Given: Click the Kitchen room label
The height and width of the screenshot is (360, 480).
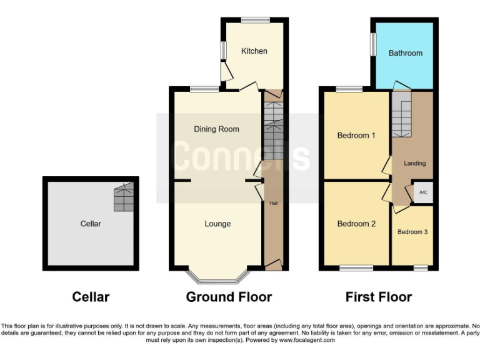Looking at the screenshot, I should [254, 51].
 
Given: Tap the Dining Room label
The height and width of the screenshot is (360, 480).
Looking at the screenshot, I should [216, 129].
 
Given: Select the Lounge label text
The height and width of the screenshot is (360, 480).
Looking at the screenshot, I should [217, 224].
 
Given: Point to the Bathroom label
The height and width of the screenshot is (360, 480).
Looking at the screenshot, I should [406, 53].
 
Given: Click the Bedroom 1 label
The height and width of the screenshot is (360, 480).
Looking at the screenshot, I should [356, 135].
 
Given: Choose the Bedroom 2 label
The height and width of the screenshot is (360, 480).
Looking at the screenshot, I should [356, 224].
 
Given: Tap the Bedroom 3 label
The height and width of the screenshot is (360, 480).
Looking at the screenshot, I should [412, 232].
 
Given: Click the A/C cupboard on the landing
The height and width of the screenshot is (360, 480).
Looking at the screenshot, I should [423, 192].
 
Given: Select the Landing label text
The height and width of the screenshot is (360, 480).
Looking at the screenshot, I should [414, 163].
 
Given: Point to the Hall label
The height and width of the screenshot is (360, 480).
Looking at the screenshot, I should [274, 203].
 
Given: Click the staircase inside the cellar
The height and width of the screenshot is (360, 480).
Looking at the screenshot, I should [124, 197].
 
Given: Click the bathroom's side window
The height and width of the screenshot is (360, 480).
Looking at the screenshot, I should [373, 44].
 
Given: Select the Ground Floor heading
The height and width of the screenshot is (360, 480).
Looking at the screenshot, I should [229, 297].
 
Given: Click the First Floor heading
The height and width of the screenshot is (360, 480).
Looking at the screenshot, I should [379, 297].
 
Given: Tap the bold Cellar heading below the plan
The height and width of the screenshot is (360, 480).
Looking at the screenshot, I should [91, 297].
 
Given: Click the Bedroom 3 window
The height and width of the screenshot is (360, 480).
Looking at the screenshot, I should [420, 269].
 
